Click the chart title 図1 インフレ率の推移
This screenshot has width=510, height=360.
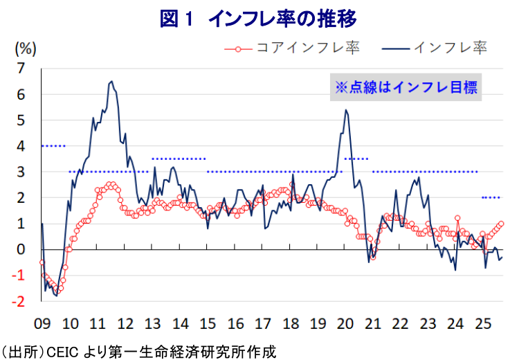258,19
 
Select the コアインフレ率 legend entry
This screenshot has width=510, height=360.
292,48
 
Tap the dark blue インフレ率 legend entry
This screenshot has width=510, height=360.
435,48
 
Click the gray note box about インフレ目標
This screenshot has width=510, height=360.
406,87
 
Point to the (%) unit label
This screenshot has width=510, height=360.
26,49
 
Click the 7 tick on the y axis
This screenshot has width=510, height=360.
21,69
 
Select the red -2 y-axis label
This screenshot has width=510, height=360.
18,302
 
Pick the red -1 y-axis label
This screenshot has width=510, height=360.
18,276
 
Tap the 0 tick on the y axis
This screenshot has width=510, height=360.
21,250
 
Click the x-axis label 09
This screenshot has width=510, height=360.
42,324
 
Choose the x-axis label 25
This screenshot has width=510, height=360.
483,324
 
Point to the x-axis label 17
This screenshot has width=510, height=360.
262,324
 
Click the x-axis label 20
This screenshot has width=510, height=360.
345,324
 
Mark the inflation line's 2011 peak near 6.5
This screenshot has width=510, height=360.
111,81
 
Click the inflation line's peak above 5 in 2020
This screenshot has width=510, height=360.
346,109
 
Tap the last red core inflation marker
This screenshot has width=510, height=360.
501,224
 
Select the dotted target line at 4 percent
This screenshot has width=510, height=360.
54,146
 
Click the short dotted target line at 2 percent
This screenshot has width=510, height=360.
491,197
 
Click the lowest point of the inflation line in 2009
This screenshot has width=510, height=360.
57,296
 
